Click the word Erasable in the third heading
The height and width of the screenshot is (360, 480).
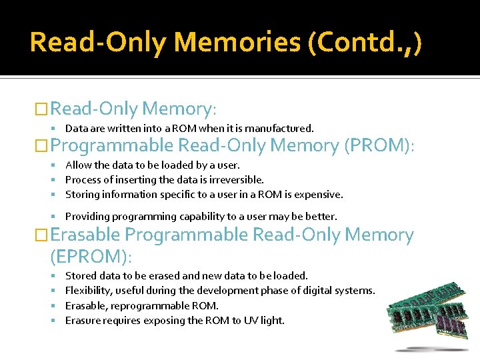pos(85,235)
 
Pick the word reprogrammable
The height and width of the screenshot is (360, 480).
pos(153,305)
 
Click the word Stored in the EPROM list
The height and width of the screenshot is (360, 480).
pos(81,275)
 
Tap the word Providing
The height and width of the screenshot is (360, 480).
pos(87,217)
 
